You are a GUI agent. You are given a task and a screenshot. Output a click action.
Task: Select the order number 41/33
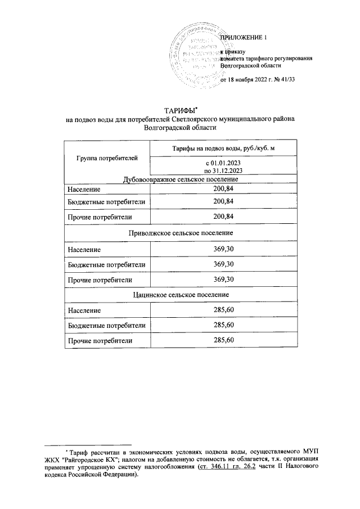[287, 79]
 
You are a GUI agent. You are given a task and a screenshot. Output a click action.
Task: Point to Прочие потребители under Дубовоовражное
[100, 217]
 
